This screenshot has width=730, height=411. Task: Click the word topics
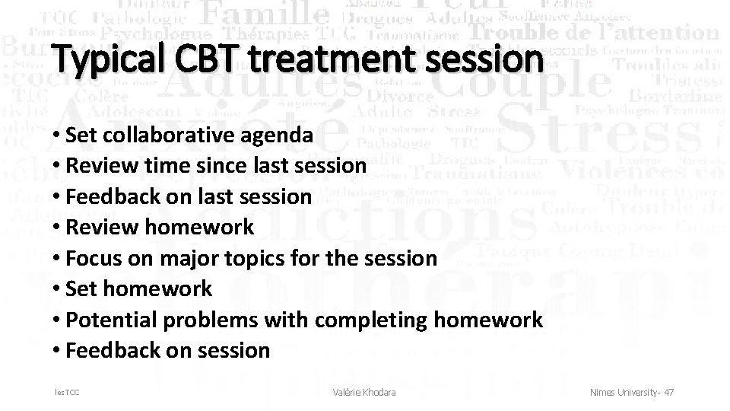point(256,258)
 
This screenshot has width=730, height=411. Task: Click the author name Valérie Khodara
point(364,392)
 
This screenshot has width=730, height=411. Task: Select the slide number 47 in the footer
point(668,392)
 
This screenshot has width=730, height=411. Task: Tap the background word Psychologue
point(156,34)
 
